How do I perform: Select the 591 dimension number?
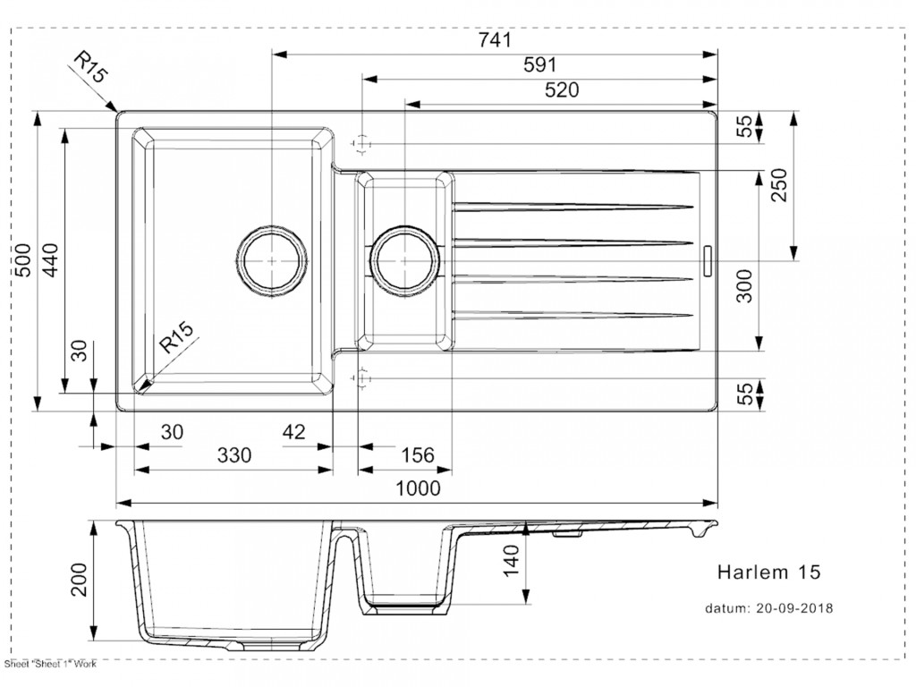point(539,65)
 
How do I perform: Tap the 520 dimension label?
point(561,90)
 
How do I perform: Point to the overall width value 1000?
point(418,488)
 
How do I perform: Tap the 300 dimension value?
point(744,285)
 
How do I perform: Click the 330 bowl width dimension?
point(234,456)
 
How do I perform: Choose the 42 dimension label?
point(293,433)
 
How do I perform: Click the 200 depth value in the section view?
point(79,580)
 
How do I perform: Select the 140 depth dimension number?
point(512,562)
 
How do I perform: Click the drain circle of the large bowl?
point(272,260)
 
